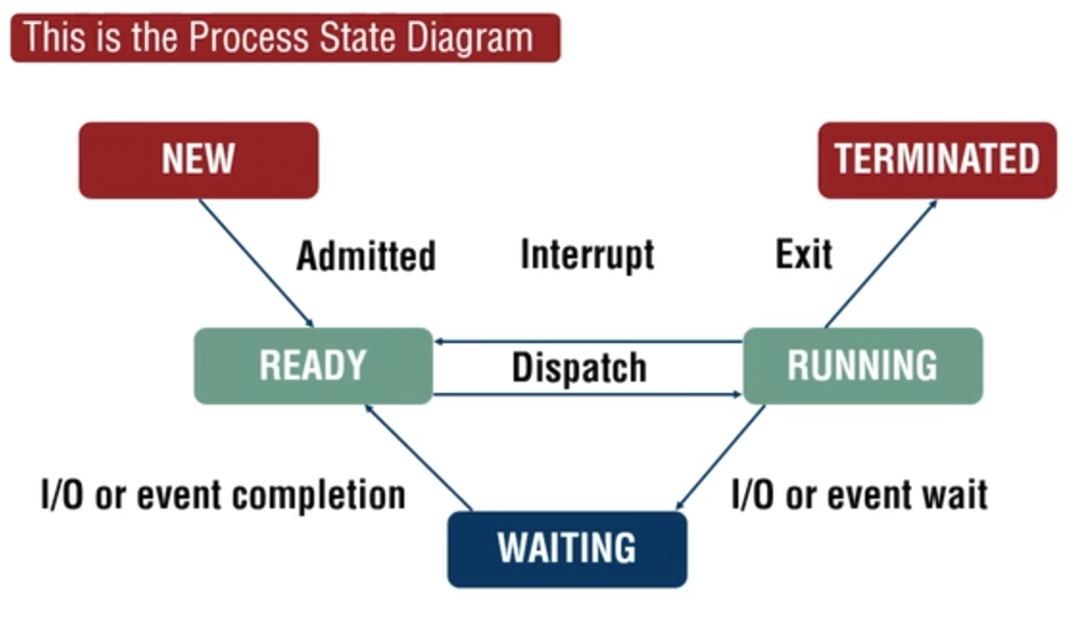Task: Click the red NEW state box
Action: (198, 160)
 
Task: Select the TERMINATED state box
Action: (936, 160)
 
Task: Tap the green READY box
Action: (313, 365)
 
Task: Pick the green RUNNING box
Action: (862, 365)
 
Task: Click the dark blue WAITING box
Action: (567, 549)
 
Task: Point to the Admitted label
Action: (366, 256)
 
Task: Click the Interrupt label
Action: (587, 255)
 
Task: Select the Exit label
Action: (804, 255)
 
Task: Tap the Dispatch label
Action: (578, 368)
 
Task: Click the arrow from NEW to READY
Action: (255, 262)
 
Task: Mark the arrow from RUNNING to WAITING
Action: (720, 457)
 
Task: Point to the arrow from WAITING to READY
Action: (419, 457)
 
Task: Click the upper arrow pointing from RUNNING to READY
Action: (588, 341)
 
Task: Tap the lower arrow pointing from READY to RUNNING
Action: (588, 394)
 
